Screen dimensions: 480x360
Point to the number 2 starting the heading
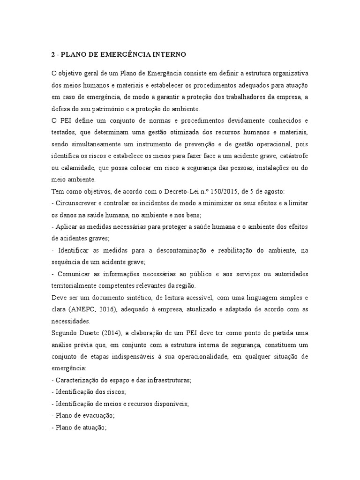pos(53,55)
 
